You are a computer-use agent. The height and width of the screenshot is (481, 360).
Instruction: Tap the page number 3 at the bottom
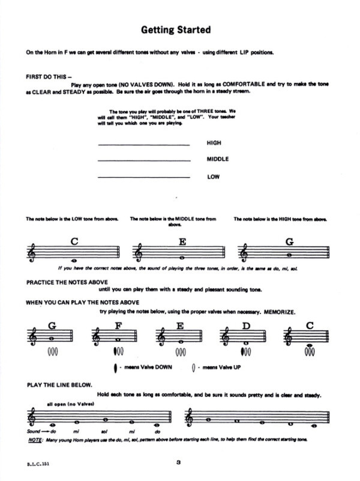(x=179, y=462)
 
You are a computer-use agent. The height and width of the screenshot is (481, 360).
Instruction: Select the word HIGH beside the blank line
(x=213, y=144)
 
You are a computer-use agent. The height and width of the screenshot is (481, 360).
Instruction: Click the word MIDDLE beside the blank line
(x=218, y=160)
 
